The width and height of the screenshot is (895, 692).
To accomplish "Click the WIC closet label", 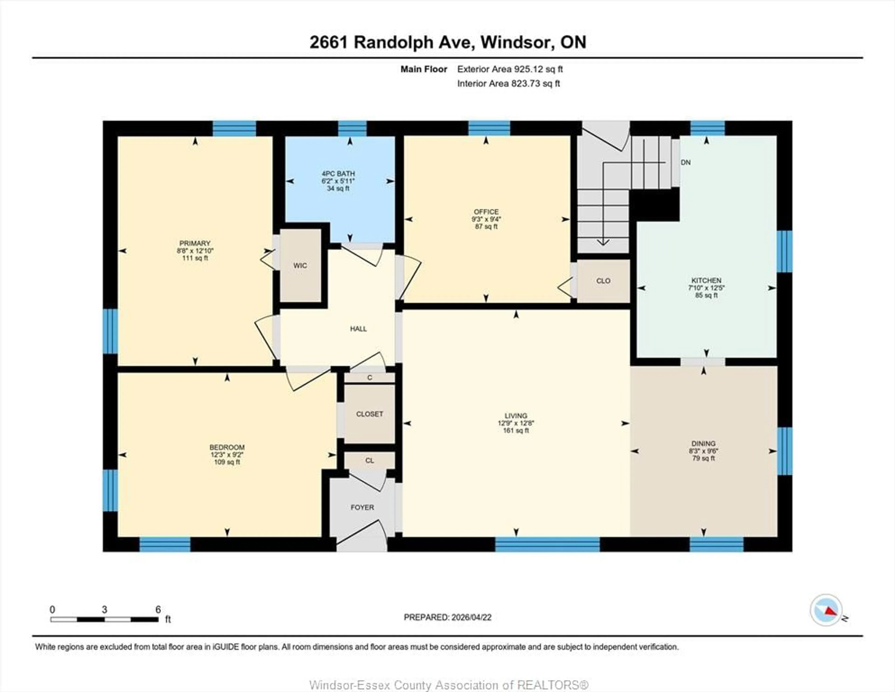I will [300, 265].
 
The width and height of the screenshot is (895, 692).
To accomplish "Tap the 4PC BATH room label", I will [338, 174].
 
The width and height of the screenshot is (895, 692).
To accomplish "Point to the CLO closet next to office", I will [603, 281].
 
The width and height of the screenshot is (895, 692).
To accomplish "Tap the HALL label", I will [358, 329].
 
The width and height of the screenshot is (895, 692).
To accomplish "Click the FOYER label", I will [362, 507].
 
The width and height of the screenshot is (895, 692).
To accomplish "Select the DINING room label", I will [703, 443].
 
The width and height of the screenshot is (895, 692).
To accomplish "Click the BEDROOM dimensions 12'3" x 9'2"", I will [227, 455].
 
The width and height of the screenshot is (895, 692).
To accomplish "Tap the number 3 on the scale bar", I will [104, 610].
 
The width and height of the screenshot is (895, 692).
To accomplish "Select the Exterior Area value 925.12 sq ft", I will [538, 69].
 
